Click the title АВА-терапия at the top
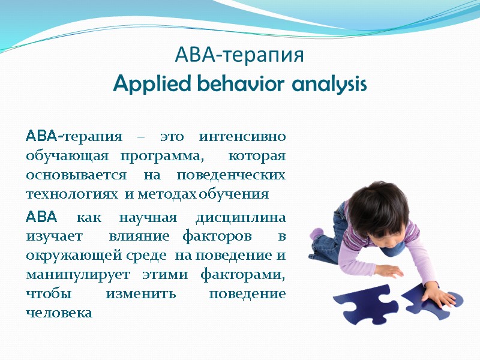pyautogui.click(x=240, y=56)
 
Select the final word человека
pyautogui.click(x=59, y=313)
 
